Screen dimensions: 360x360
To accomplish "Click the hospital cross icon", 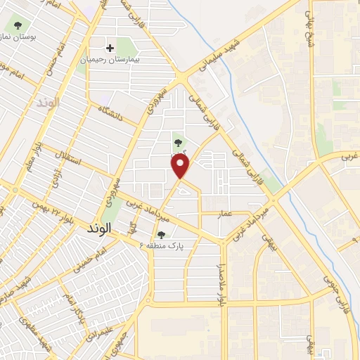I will click(109, 48).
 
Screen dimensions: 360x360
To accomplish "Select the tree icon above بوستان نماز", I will click(18, 26).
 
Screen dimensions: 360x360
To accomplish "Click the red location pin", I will click(181, 166).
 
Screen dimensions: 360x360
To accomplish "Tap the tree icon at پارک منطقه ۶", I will click(162, 235).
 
